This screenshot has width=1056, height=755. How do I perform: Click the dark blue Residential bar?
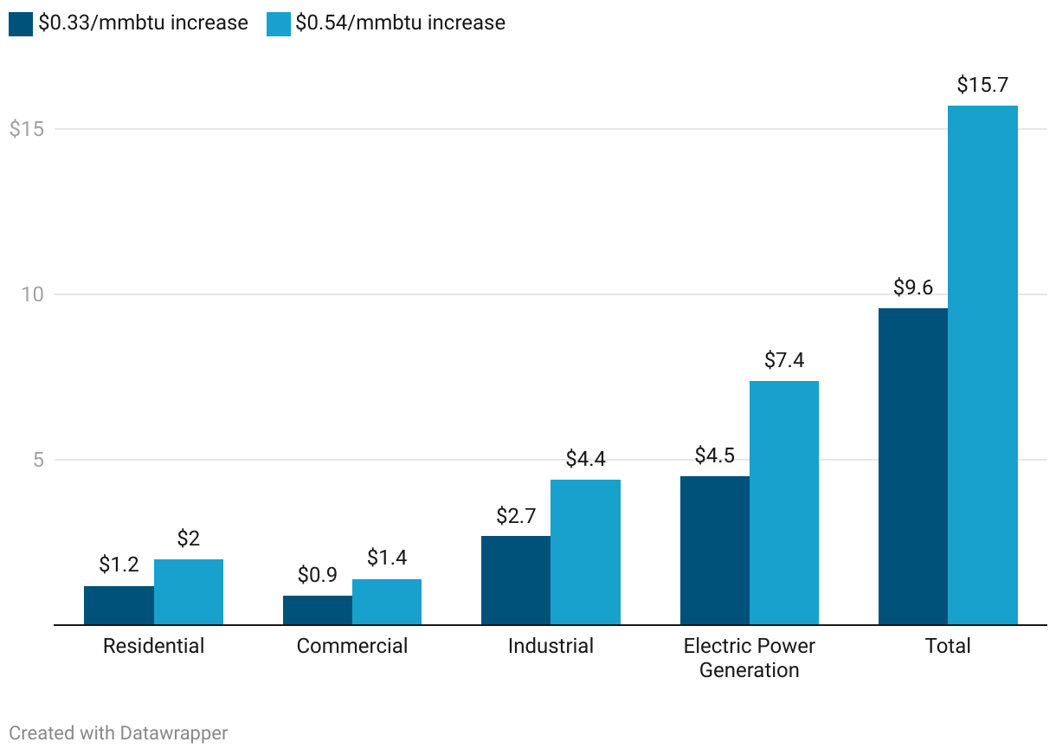click(x=119, y=605)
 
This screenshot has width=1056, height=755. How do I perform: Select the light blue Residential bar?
click(x=189, y=591)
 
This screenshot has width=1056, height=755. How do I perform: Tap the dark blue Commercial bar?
click(x=318, y=610)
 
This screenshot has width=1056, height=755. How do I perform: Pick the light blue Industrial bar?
click(x=585, y=552)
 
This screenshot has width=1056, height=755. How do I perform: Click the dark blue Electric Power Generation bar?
click(x=715, y=550)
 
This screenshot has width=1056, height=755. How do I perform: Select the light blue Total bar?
click(x=982, y=365)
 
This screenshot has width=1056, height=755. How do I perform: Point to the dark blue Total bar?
click(x=913, y=466)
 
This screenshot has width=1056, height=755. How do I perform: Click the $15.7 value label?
click(x=982, y=85)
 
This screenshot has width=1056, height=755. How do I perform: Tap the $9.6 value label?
click(x=913, y=287)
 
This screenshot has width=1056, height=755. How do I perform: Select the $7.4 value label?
click(x=784, y=360)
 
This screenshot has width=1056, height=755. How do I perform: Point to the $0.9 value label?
click(x=318, y=575)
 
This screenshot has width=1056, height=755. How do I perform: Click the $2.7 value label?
click(x=516, y=516)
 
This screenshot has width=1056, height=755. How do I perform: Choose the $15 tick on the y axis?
click(x=26, y=129)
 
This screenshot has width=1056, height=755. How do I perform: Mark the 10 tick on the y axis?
click(x=32, y=294)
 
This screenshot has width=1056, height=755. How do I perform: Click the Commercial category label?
click(x=352, y=646)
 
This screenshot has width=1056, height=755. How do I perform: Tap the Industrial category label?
click(x=551, y=646)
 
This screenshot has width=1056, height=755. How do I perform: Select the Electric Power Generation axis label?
click(x=750, y=658)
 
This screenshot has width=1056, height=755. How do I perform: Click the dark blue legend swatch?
click(x=21, y=23)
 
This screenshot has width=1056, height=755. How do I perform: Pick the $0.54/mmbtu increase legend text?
click(x=400, y=23)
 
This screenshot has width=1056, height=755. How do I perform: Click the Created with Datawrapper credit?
click(x=119, y=733)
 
